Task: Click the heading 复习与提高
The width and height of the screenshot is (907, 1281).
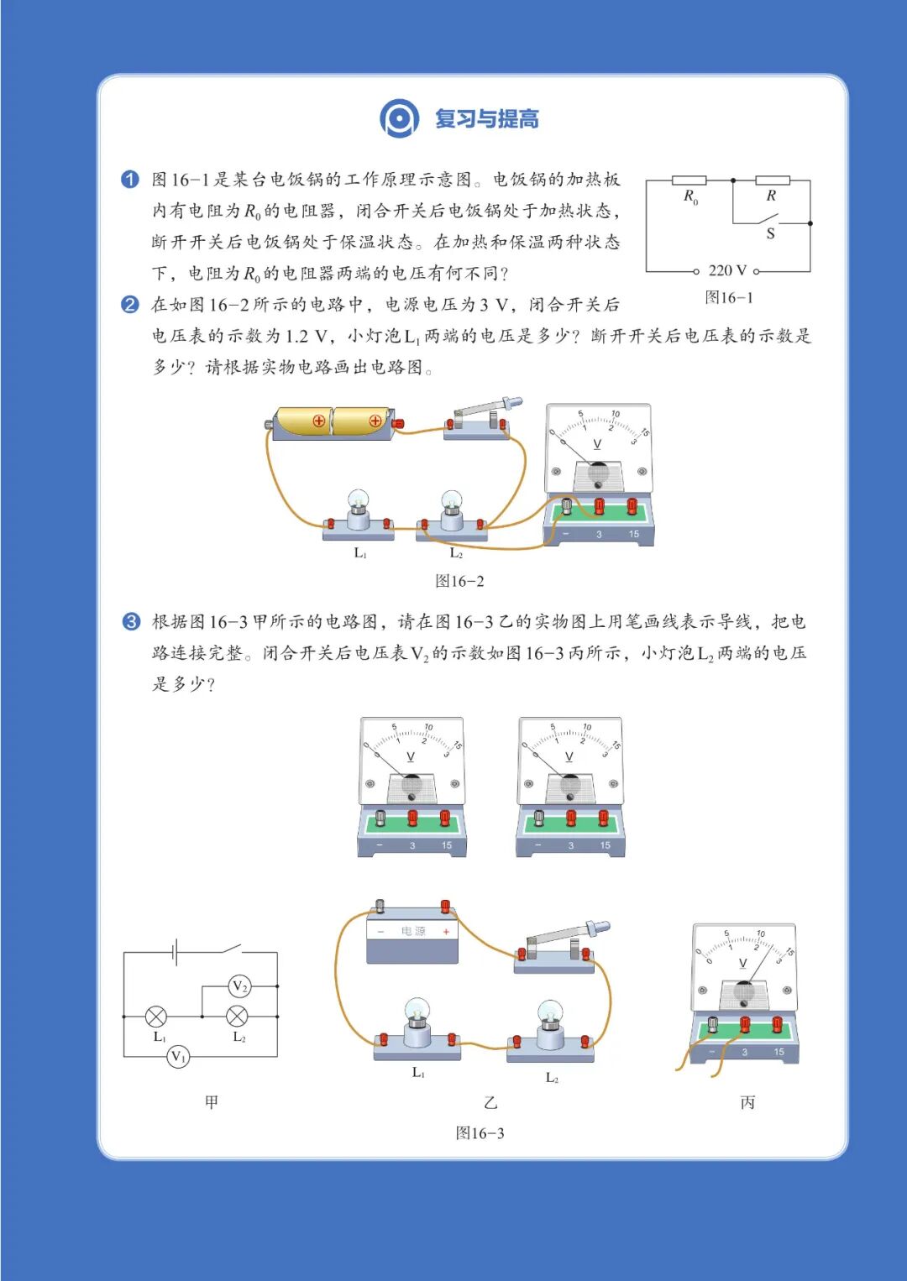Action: (486, 119)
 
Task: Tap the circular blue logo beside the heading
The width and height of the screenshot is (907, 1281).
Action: (399, 118)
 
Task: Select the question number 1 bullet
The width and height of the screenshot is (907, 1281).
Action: (130, 180)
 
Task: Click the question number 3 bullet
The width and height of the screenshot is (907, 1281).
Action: (131, 622)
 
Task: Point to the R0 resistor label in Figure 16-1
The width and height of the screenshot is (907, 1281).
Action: (690, 197)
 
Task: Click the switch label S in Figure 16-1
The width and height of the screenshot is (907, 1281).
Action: (770, 234)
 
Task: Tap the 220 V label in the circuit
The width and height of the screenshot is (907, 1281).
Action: (726, 270)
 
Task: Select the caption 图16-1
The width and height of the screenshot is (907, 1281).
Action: (728, 297)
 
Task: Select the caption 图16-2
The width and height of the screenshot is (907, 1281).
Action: (459, 581)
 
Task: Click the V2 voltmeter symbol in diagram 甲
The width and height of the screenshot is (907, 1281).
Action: (239, 986)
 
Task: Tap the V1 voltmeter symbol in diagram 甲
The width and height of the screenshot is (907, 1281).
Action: (178, 1056)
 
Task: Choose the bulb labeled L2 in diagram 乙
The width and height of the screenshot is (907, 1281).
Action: (550, 1024)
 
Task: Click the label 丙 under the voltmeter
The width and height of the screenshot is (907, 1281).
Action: (747, 1102)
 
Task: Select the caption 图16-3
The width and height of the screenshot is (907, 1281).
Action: (480, 1133)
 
